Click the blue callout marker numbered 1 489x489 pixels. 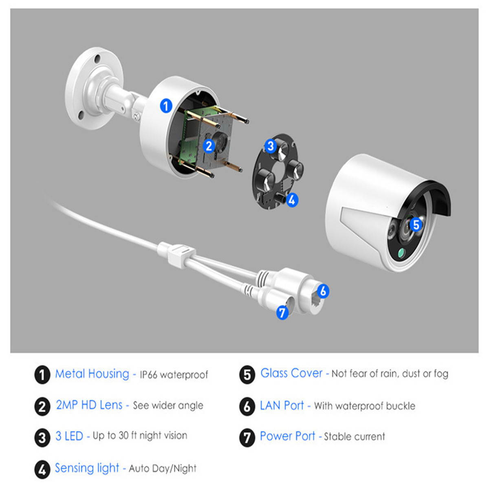click(166, 106)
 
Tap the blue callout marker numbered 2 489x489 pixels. click(209, 146)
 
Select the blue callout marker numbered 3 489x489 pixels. click(271, 146)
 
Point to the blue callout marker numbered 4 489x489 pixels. click(292, 200)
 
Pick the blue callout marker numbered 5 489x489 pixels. click(416, 225)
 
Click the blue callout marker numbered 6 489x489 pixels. click(323, 291)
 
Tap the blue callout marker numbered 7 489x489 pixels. click(282, 313)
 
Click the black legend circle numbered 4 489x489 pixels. click(42, 469)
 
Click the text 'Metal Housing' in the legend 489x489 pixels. click(92, 374)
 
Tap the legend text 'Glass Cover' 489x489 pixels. click(291, 373)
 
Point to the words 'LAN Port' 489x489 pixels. click(282, 405)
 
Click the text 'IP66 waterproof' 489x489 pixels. click(174, 375)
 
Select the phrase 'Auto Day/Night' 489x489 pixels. click(163, 469)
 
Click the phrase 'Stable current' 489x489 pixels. click(355, 437)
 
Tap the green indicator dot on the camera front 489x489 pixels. click(401, 253)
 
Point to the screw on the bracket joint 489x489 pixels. click(137, 117)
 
